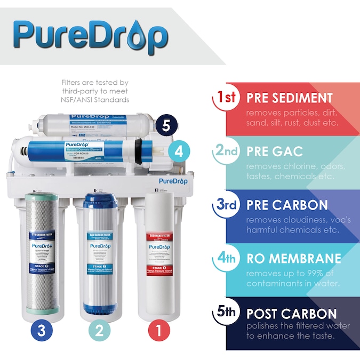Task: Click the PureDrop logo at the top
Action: pos(91,35)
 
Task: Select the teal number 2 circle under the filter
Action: pos(99,331)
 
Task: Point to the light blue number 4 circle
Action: pos(179,151)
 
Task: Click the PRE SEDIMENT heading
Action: pos(289,98)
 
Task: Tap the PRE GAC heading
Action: pos(274,152)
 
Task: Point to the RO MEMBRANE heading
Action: pos(293,259)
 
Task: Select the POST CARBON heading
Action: pos(291,313)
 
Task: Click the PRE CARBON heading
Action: pos(287,205)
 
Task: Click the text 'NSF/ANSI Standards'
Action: pos(95,100)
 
